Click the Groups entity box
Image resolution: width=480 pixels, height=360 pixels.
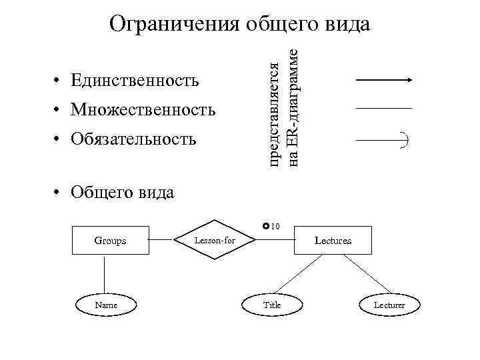pos(110,240)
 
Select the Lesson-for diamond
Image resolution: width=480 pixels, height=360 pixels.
pos(215,240)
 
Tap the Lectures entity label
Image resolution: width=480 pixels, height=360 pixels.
pos(333,240)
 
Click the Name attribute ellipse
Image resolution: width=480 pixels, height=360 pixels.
pos(106,305)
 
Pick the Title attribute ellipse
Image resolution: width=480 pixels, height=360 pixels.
pos(272,305)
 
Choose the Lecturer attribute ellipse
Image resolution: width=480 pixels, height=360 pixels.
pos(389,305)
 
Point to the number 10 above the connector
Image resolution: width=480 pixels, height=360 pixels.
pos(275,227)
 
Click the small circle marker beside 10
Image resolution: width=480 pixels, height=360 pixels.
pos(265,227)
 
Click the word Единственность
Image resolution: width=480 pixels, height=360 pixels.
pos(134,81)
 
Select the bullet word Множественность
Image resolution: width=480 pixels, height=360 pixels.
pos(143,109)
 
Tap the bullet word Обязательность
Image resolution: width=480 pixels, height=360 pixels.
pos(133,139)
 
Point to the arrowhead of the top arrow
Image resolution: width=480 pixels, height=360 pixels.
pos(409,80)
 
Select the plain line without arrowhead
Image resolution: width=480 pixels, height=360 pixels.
pos(384,108)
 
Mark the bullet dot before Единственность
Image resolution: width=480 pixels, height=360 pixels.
pos(59,82)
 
